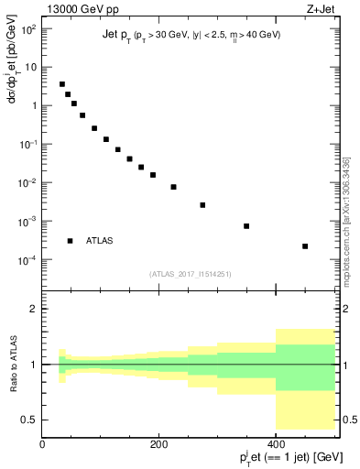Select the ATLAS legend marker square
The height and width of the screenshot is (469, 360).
[70, 241]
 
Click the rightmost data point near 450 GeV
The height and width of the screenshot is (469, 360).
[305, 246]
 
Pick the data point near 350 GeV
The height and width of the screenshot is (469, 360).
[246, 226]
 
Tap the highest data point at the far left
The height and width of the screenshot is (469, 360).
[62, 84]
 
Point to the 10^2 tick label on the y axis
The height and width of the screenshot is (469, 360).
[27, 28]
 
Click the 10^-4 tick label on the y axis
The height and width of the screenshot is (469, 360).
[27, 260]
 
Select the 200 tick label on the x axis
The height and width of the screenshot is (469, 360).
[158, 445]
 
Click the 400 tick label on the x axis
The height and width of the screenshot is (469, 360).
[276, 445]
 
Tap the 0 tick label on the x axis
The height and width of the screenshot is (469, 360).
[42, 445]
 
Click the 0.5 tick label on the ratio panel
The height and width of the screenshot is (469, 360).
[29, 420]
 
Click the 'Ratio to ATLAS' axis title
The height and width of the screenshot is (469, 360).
[12, 364]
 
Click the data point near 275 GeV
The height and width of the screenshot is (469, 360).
[202, 205]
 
